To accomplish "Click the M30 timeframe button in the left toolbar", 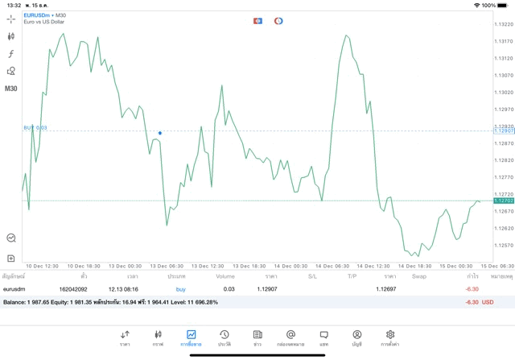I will coord(11,89).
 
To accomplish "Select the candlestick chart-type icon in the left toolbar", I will coord(11,36).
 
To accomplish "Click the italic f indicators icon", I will coord(11,54).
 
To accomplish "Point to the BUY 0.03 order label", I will coord(35,127).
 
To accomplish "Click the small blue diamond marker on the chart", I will coord(160,133).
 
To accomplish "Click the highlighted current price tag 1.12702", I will coord(503,201).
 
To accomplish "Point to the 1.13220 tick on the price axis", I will coord(504,25).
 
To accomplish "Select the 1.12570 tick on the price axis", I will coord(504,246).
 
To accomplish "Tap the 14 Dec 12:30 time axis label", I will coord(373,266).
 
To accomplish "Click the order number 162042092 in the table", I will coord(73,288).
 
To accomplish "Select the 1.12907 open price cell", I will coord(267,288).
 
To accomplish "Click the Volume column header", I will coord(225,276).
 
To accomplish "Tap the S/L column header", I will coord(312,276).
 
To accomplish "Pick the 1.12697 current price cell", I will coord(386,288).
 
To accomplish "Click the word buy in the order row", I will coord(180,288).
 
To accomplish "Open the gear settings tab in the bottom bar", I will coord(390,337).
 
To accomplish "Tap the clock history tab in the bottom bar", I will coord(225,337).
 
